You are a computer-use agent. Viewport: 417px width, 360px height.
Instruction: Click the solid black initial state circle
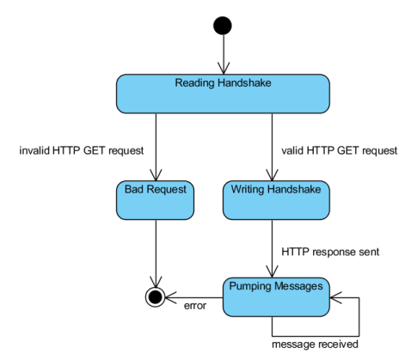click(x=223, y=26)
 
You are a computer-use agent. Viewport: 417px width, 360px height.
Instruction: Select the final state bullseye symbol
click(x=156, y=297)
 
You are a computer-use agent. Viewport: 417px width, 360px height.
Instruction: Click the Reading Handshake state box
click(x=223, y=94)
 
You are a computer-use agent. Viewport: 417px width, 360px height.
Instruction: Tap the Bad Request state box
click(x=155, y=200)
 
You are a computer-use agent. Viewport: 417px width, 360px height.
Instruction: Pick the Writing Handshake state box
click(x=276, y=200)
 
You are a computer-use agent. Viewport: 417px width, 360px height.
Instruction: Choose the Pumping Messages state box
click(x=276, y=297)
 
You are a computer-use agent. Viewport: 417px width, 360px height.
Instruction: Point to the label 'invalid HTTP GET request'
click(x=82, y=150)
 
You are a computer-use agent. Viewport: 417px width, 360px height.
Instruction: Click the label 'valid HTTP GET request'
click(x=340, y=150)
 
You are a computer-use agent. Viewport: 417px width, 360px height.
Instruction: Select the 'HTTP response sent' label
click(x=330, y=252)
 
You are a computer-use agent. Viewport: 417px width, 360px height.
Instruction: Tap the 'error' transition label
click(x=195, y=306)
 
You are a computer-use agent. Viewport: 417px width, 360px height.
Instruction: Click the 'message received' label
click(x=315, y=344)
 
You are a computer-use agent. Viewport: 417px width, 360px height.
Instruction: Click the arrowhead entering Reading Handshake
click(x=224, y=69)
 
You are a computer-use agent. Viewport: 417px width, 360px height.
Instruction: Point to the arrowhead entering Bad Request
click(x=156, y=175)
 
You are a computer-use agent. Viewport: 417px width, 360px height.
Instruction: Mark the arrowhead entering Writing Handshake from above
click(x=272, y=175)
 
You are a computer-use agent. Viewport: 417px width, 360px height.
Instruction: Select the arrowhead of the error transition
click(x=171, y=297)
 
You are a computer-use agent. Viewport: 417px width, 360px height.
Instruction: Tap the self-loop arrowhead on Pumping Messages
click(x=336, y=297)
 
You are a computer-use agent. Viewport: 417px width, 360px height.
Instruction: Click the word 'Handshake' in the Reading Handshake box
click(x=244, y=82)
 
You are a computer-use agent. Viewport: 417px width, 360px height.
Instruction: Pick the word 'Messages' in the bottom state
click(x=298, y=286)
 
